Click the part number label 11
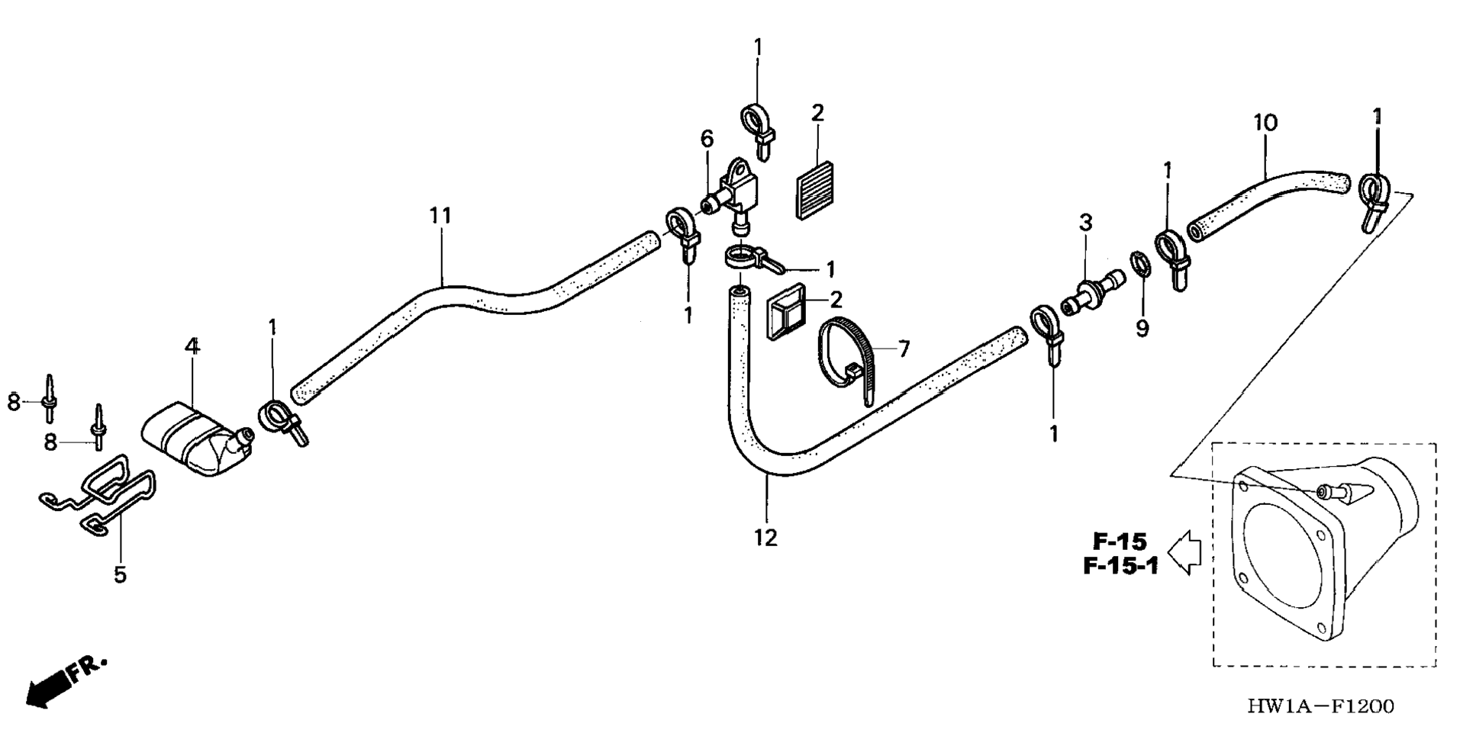(x=440, y=216)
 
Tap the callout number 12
(x=765, y=537)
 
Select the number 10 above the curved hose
(x=1265, y=122)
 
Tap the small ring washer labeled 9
(x=1139, y=266)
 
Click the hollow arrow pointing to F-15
(x=1184, y=552)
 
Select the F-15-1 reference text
(x=1120, y=566)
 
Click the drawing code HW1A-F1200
(x=1320, y=706)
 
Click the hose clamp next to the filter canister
(x=279, y=420)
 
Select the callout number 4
(x=192, y=346)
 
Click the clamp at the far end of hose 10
(x=1374, y=198)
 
